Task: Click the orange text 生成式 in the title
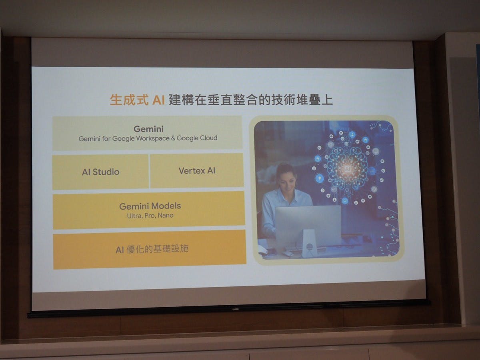coord(129,100)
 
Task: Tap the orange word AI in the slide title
coord(158,100)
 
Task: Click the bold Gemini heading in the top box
coord(148,129)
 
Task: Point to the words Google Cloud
coord(197,138)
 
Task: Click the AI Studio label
coord(100,172)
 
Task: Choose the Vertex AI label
coord(197,171)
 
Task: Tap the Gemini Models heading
coord(150,206)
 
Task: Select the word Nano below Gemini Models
coord(166,215)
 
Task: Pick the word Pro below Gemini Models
coord(150,216)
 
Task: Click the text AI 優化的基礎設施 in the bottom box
coord(152,249)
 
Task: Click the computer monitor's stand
coord(309,243)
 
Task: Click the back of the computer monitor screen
coord(308,223)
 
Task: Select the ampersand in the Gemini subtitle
coord(173,138)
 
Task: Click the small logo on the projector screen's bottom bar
coord(236,309)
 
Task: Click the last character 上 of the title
coord(327,100)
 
